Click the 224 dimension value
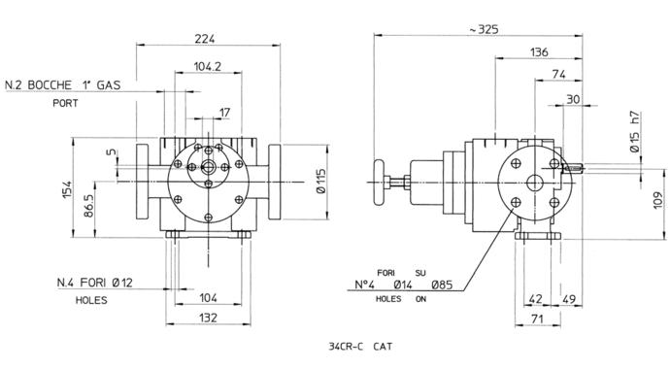coord(205,39)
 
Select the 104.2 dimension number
coord(208,66)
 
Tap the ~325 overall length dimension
coord(484,29)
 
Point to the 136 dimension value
coord(539,52)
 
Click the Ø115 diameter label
coord(320,182)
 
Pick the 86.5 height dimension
coord(88,206)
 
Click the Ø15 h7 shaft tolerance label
coord(635,131)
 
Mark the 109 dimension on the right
coord(658,200)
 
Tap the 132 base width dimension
coord(208,318)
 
